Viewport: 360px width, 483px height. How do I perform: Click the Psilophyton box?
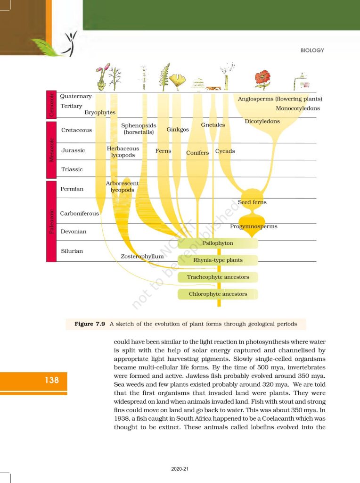[218, 243]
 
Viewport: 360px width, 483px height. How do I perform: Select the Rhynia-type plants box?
[218, 260]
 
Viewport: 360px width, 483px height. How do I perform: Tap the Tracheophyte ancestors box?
[218, 277]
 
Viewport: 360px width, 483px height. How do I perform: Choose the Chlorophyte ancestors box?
[218, 294]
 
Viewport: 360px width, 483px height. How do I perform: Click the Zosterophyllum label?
[142, 256]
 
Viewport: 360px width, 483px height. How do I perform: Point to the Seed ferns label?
[252, 202]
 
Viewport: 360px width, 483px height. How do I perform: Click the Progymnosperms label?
[254, 226]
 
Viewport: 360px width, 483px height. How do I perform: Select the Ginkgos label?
[178, 130]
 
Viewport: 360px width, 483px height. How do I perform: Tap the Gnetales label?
[213, 125]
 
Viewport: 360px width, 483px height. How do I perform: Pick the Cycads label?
[225, 151]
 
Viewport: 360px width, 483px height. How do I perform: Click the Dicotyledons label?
[262, 121]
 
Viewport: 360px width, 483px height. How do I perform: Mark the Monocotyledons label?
[298, 108]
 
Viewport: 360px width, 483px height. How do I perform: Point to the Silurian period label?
[72, 251]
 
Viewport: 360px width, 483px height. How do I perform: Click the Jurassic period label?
[73, 150]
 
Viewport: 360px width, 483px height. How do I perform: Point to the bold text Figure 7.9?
[90, 324]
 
